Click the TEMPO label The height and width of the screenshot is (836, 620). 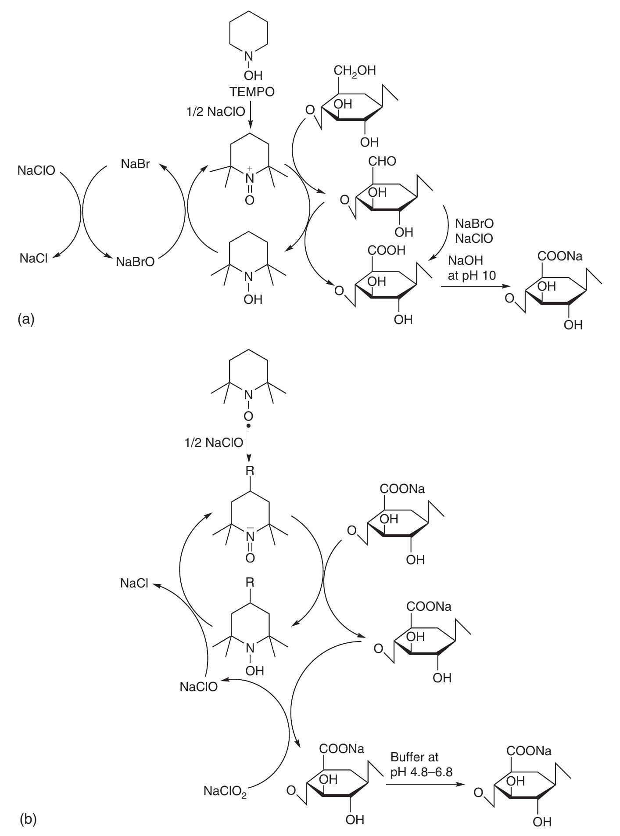[x=252, y=92]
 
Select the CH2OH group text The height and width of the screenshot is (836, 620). [x=355, y=71]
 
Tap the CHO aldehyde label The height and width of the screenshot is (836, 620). [x=382, y=161]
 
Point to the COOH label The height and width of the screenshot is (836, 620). [x=387, y=251]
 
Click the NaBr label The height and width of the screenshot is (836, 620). [x=135, y=164]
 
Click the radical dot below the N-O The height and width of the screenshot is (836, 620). [x=249, y=425]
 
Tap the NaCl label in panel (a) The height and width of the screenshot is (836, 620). [x=33, y=258]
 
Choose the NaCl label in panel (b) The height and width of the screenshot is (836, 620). [x=134, y=584]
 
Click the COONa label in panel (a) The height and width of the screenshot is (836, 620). [x=560, y=256]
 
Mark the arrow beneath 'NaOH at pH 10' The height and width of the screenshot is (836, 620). [x=472, y=287]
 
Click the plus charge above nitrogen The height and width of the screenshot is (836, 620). [x=250, y=168]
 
